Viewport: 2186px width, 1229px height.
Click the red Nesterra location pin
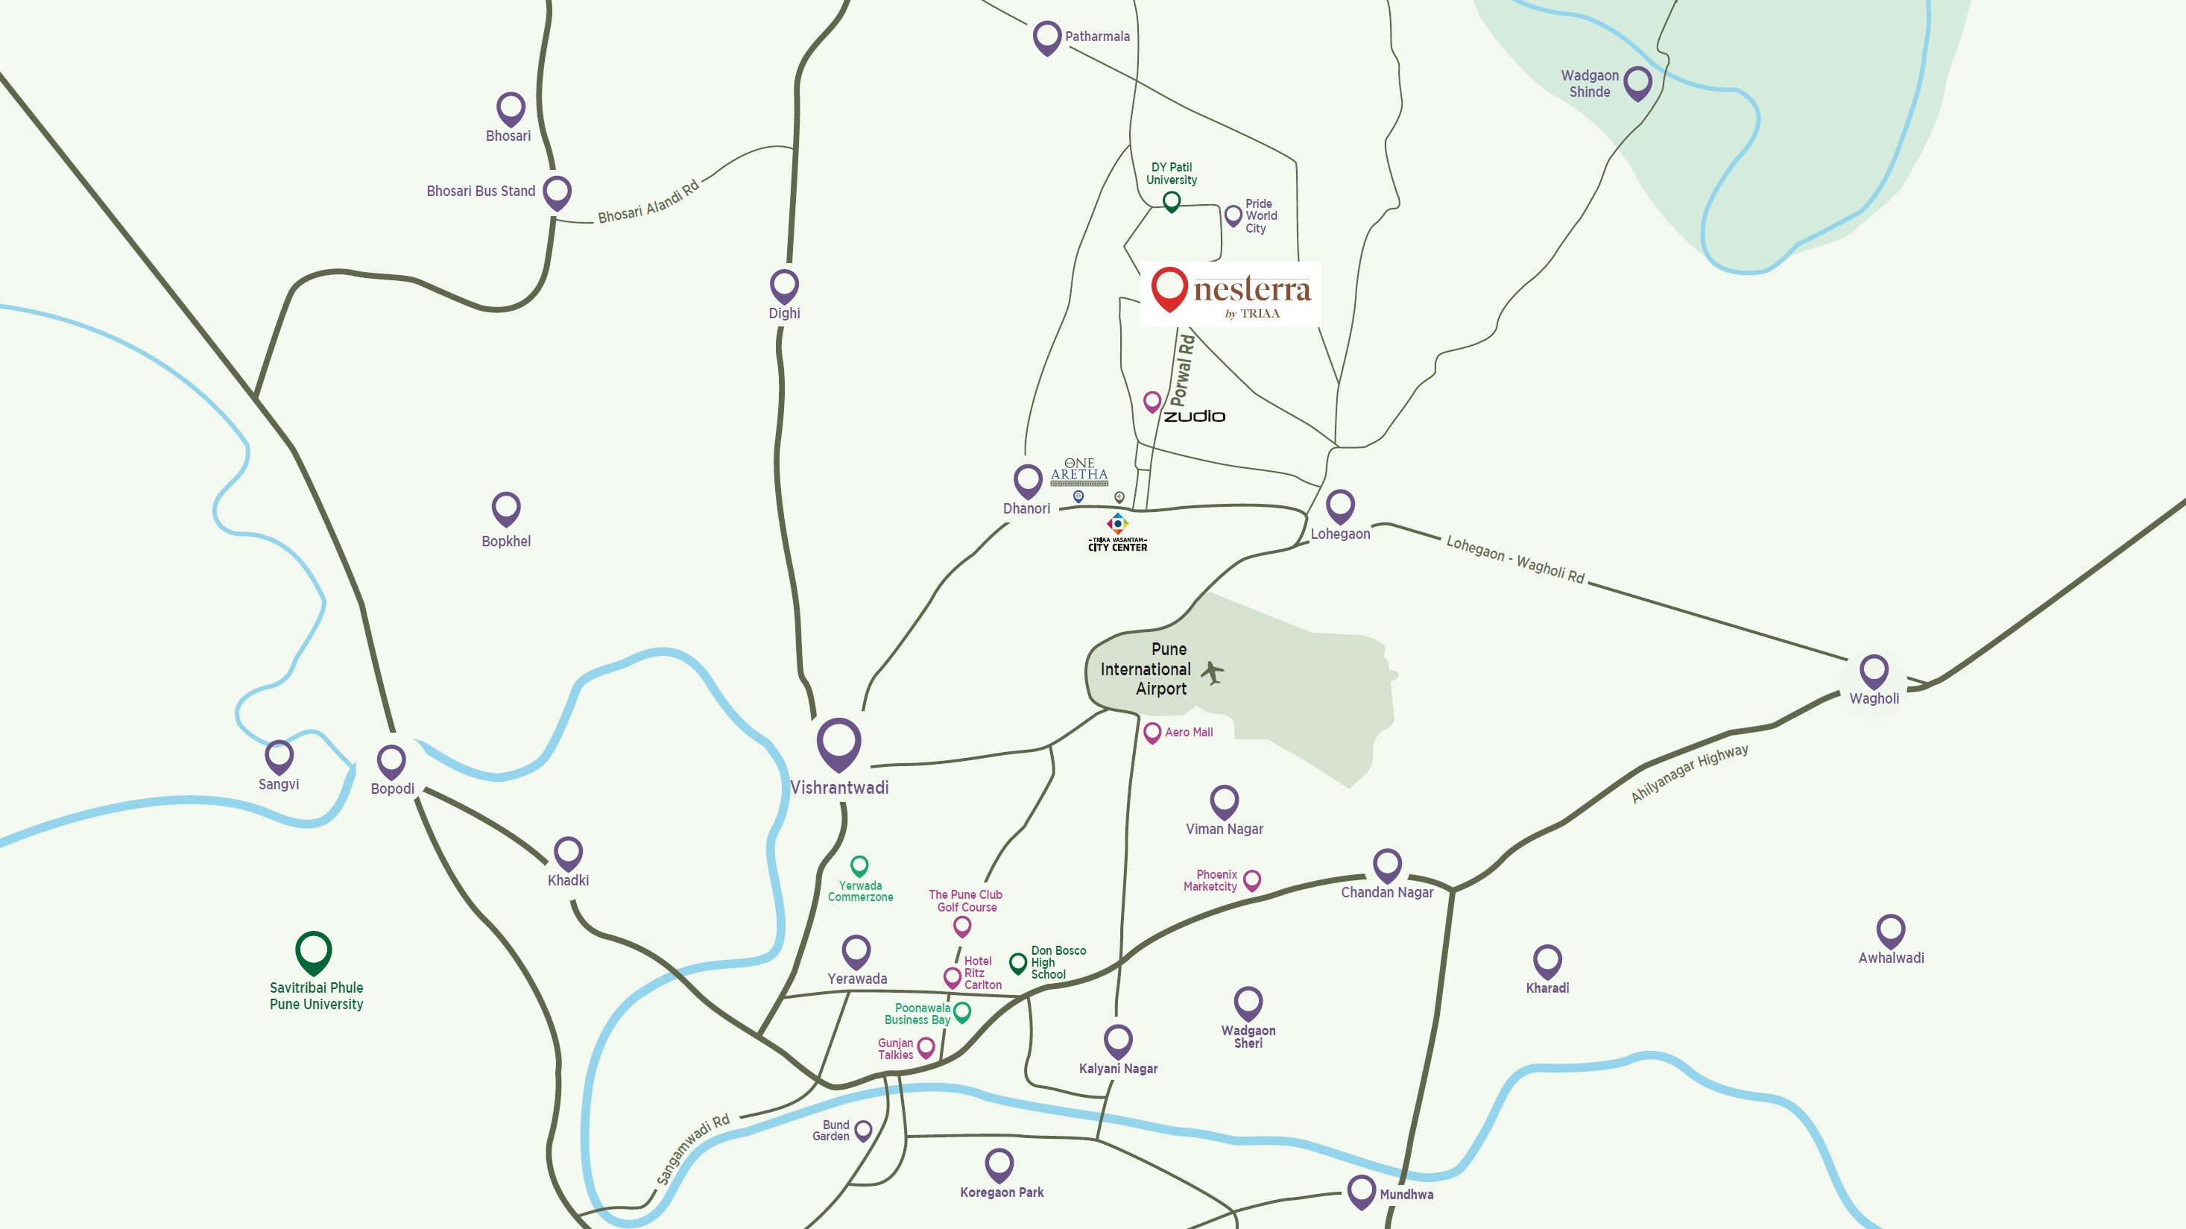(x=1169, y=287)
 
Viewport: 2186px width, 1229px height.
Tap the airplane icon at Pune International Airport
(x=1213, y=673)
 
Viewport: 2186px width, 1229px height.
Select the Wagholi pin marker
(x=1874, y=671)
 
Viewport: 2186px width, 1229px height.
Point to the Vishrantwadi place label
(x=839, y=788)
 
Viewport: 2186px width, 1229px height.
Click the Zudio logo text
(x=1194, y=416)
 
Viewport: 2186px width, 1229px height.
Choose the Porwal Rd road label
(x=1182, y=370)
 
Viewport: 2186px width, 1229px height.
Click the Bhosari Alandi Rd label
(x=648, y=202)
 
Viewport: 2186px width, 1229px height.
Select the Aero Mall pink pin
(x=1152, y=732)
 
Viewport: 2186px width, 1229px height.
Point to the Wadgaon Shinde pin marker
(x=1637, y=82)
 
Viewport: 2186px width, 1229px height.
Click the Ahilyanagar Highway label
(x=1689, y=773)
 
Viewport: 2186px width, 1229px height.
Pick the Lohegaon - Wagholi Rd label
(x=1514, y=559)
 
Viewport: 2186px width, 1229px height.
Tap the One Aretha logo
(x=1079, y=471)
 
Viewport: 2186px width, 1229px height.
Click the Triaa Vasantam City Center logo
(x=1118, y=533)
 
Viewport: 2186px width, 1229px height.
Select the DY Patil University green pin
(x=1171, y=200)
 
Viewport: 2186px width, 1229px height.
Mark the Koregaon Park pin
(x=999, y=1163)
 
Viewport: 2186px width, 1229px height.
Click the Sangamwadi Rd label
(x=692, y=1150)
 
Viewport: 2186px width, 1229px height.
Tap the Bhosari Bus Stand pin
(x=557, y=192)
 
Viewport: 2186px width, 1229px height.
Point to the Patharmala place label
(x=1097, y=37)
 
